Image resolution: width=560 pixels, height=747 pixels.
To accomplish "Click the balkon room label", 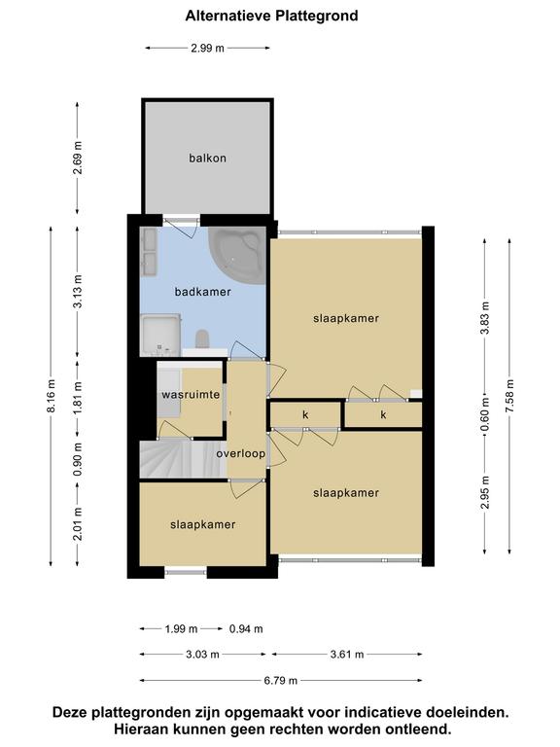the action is tap(207, 159).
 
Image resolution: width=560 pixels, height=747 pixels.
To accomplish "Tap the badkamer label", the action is tap(203, 292).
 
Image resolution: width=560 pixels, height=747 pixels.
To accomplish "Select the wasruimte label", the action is tap(191, 395).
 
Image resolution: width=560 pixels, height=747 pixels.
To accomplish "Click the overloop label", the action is tap(240, 453).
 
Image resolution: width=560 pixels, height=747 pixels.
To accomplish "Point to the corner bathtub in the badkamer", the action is tap(238, 255).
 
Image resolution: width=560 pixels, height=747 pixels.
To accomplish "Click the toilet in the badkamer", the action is tap(202, 338).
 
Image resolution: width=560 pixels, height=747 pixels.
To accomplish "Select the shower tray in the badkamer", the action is tap(160, 335).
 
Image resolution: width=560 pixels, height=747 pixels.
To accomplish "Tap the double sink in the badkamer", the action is tap(150, 251).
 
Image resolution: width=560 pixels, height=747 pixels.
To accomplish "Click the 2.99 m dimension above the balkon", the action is tap(208, 48).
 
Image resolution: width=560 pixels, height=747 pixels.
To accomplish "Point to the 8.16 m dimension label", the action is tap(52, 396).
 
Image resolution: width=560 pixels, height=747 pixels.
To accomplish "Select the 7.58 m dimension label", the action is tap(510, 396).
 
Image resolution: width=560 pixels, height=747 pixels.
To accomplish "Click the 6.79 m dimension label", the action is tap(280, 680).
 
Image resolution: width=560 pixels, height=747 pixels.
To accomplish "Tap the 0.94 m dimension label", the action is tap(246, 629).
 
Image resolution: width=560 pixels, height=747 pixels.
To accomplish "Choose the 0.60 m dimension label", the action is tap(485, 414).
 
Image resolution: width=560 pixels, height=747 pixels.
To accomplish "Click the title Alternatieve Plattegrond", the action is tap(271, 16).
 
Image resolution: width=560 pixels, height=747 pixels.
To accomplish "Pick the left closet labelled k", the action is tap(305, 415).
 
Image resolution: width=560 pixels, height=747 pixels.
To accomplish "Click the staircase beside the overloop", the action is tap(183, 459).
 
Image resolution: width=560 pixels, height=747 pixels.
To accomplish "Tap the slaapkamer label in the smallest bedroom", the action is tap(203, 524).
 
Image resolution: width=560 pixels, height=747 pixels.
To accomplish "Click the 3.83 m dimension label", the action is tap(485, 318).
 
